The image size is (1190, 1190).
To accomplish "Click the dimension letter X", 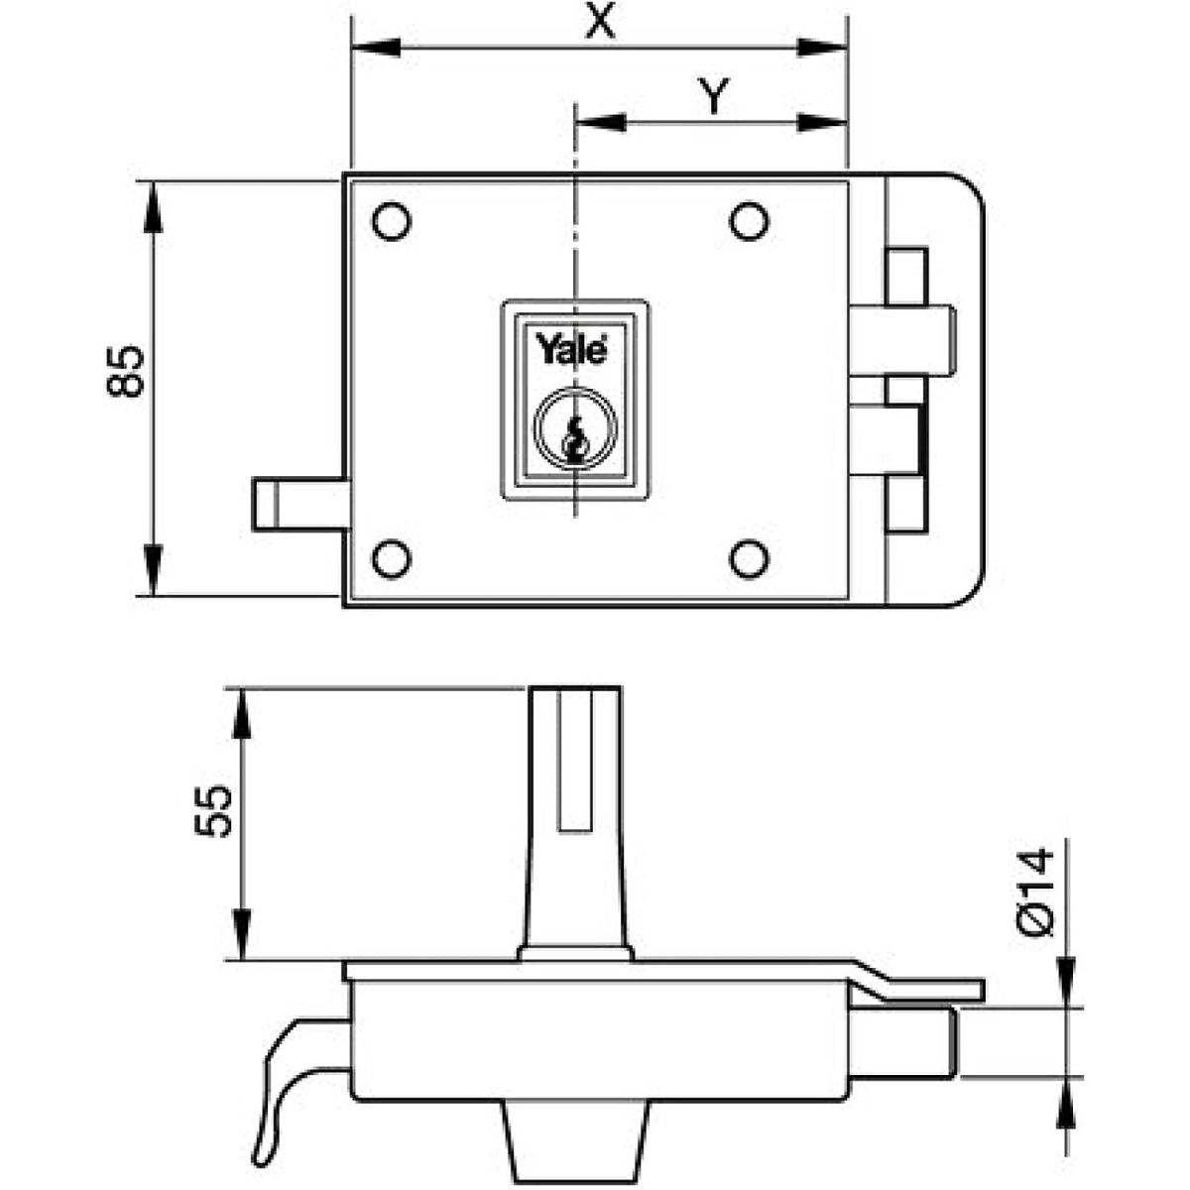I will click(599, 22).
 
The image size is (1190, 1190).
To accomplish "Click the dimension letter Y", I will click(710, 96).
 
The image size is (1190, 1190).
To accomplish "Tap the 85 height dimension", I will click(126, 372).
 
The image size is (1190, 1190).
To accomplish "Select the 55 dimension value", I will click(211, 810).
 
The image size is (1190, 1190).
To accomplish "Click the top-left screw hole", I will click(392, 221).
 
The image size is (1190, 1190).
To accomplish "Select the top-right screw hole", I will click(749, 221).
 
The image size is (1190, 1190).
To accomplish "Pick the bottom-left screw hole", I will click(392, 558).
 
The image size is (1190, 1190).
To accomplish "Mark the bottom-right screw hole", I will click(749, 558).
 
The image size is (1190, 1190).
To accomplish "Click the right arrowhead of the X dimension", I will click(825, 46).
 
